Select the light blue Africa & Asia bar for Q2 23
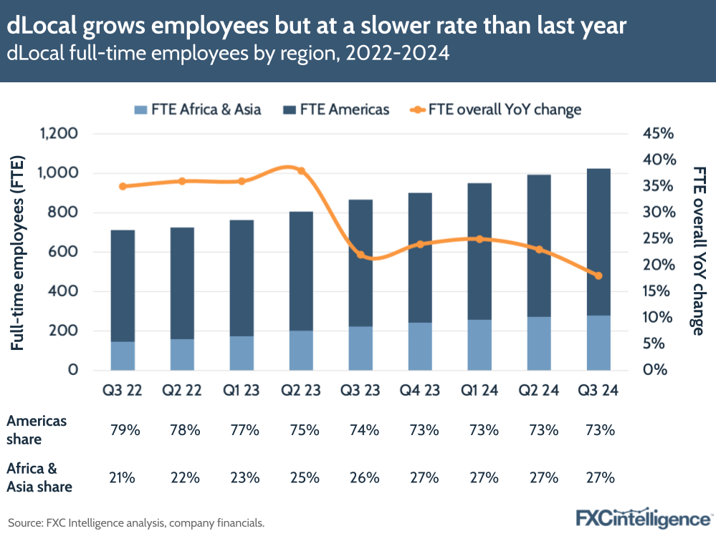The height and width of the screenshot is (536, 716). click(301, 350)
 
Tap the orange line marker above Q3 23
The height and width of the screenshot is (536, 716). click(361, 255)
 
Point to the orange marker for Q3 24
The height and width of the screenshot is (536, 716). click(598, 276)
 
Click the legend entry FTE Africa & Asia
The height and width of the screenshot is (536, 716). click(197, 109)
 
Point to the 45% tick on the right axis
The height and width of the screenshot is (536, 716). click(658, 134)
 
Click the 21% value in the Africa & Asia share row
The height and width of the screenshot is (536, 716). click(123, 477)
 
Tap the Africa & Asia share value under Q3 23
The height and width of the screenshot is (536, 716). click(361, 477)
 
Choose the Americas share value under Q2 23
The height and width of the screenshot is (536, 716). click(301, 430)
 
